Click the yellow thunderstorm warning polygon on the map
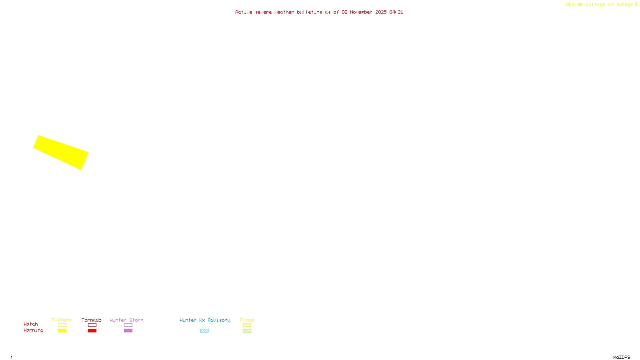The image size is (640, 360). pos(61,152)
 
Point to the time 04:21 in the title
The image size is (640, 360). pos(396,12)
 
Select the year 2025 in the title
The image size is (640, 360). pos(381,12)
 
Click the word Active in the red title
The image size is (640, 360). pos(244,12)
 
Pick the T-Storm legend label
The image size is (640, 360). pos(62,320)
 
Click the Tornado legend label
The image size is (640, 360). pos(92,320)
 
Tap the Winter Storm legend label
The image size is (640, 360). pos(126,320)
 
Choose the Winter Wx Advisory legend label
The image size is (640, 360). pos(205,320)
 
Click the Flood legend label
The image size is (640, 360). pos(247,320)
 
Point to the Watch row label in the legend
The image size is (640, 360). pos(31,324)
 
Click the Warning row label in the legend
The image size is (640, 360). pos(34,330)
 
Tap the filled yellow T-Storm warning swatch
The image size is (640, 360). pos(62,331)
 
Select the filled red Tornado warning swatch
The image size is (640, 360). pos(92,331)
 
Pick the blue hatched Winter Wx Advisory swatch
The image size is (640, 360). pos(204,331)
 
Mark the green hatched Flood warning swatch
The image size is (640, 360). pos(247,331)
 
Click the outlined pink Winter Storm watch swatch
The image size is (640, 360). pos(128,325)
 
